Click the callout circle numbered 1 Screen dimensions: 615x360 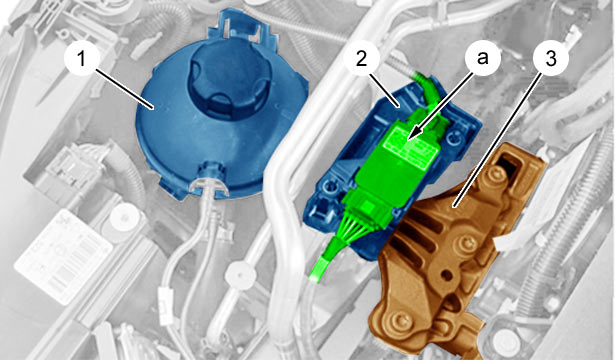coord(81,60)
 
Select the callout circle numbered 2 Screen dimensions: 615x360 coord(361,59)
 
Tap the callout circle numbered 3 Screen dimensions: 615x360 coord(551,59)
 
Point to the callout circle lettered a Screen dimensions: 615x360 coord(482,58)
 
